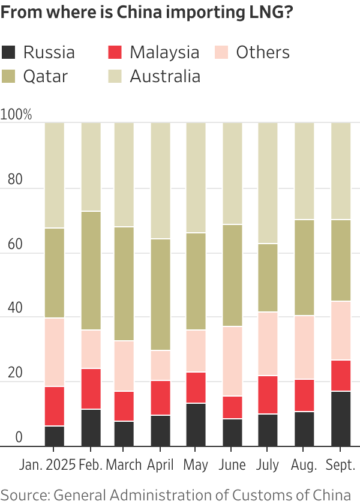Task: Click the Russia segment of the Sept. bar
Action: (341, 419)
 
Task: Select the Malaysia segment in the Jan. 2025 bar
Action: (55, 406)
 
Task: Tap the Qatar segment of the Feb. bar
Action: (91, 271)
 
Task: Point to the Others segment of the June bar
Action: (232, 361)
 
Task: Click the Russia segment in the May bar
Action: (196, 425)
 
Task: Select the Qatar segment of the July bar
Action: (268, 278)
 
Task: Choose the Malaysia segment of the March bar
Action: (124, 406)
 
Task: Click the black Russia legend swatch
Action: (8, 52)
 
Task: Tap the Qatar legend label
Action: (46, 76)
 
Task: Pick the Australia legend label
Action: (165, 76)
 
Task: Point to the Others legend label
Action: (263, 52)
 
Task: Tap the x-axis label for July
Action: (268, 464)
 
